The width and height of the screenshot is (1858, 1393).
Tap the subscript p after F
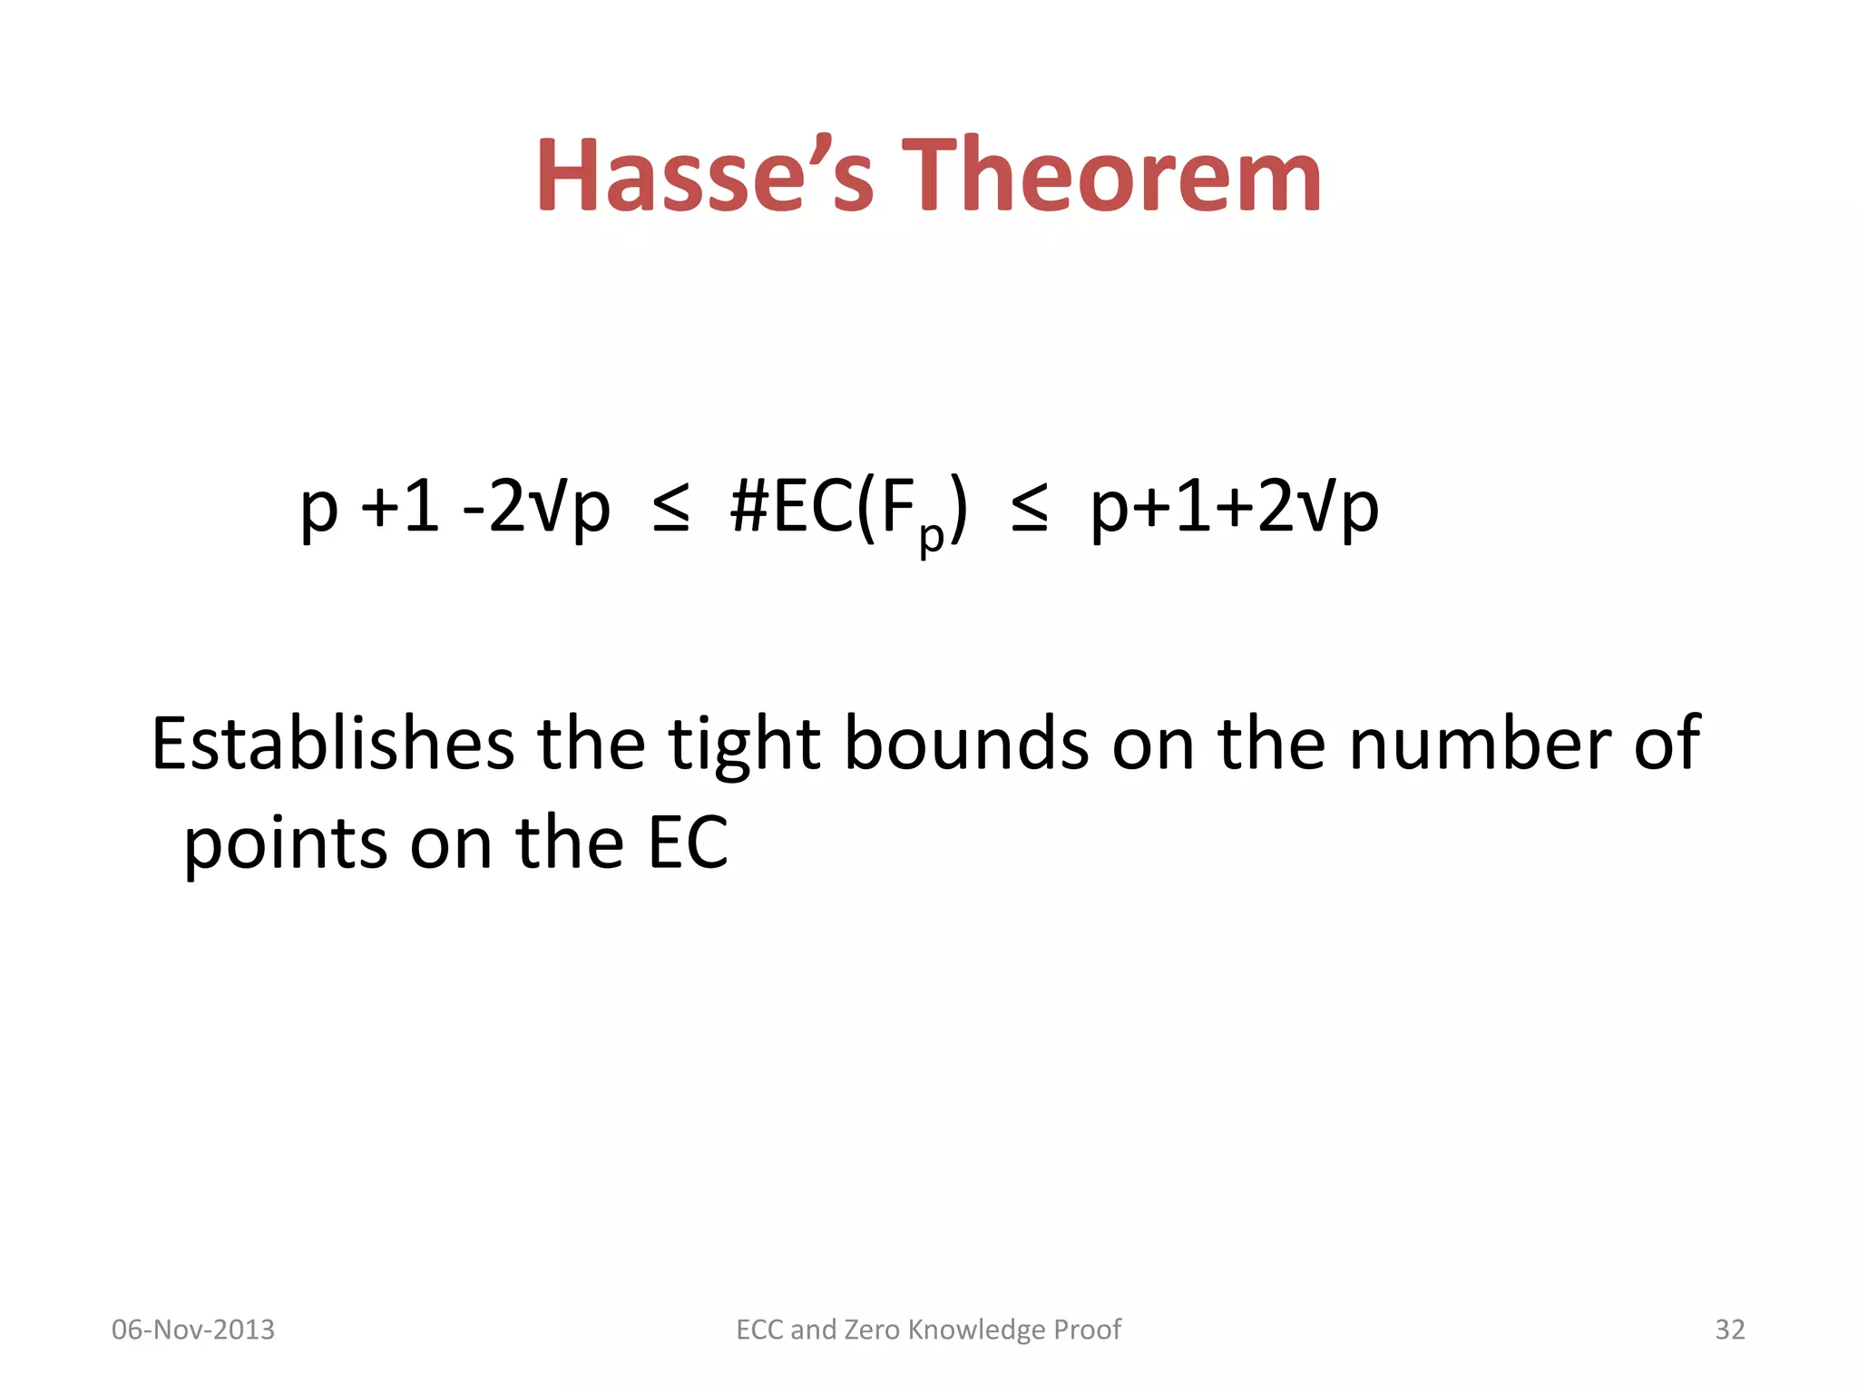click(x=931, y=537)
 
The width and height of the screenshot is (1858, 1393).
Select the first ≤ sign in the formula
click(x=671, y=510)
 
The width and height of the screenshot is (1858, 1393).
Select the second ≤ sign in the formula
click(x=1030, y=510)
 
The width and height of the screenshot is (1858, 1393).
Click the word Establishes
click(x=332, y=744)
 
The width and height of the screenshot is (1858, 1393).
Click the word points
click(x=286, y=843)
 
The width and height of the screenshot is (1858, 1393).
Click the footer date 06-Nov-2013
click(x=193, y=1330)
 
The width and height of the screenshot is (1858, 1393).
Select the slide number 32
click(x=1729, y=1330)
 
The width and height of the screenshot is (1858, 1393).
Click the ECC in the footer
click(x=760, y=1330)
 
